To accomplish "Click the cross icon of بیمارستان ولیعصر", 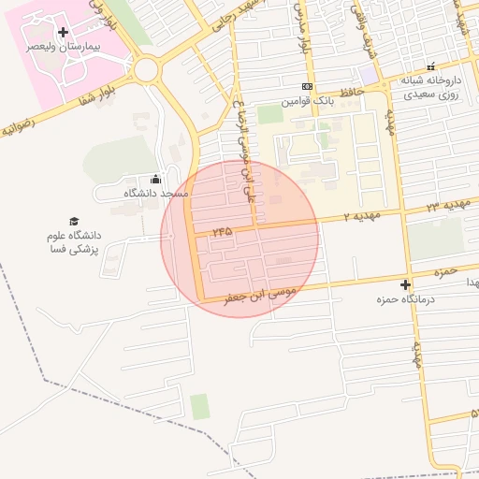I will [63, 33].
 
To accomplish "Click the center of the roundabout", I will [146, 69].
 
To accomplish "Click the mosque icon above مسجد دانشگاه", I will [155, 180].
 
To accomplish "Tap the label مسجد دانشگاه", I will [156, 193].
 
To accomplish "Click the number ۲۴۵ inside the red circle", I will [223, 229].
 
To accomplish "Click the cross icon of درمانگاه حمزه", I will [405, 284].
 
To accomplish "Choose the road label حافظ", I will [351, 91].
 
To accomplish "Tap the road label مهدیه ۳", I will [445, 204].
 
